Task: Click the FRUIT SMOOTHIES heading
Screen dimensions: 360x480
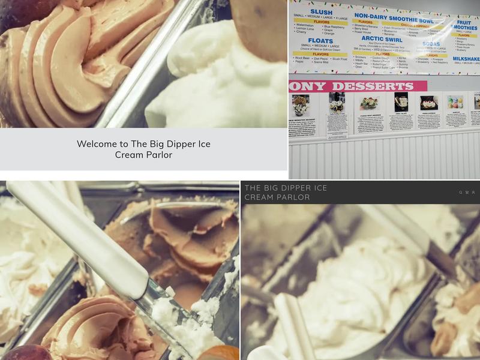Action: pyautogui.click(x=466, y=24)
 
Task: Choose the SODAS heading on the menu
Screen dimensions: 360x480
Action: pyautogui.click(x=431, y=44)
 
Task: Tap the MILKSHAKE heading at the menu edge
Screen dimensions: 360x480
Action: pyautogui.click(x=466, y=59)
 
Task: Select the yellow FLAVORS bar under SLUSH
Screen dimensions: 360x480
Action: pyautogui.click(x=323, y=22)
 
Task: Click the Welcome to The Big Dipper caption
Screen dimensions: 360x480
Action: pyautogui.click(x=143, y=149)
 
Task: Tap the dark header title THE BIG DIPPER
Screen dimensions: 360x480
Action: pyautogui.click(x=286, y=192)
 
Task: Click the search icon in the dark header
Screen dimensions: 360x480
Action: pyautogui.click(x=461, y=193)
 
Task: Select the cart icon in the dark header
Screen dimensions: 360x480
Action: pyautogui.click(x=467, y=193)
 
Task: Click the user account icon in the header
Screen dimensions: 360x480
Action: pyautogui.click(x=473, y=193)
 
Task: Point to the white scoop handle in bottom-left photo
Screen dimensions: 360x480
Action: pyautogui.click(x=78, y=234)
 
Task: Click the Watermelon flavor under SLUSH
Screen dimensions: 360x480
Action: pyautogui.click(x=305, y=26)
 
